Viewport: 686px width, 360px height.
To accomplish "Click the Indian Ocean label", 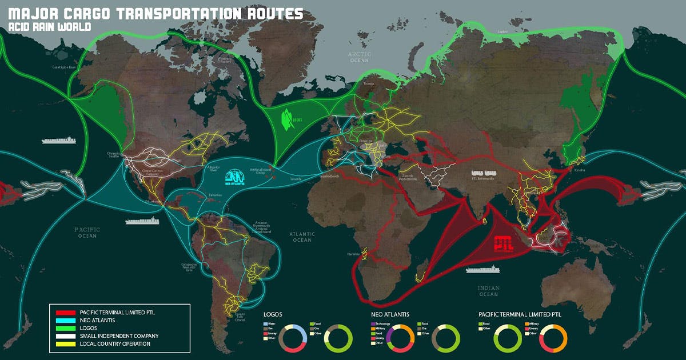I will coord(489,291).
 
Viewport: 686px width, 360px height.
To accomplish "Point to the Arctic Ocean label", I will coord(361,57).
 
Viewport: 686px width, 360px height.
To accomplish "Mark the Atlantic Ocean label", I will coord(302,237).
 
